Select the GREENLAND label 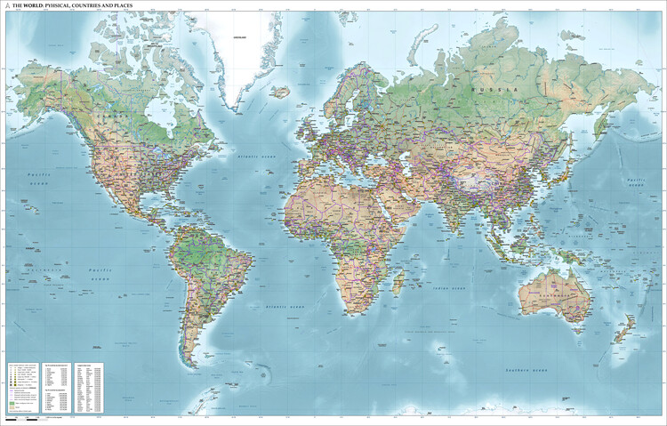[x=239, y=37]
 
